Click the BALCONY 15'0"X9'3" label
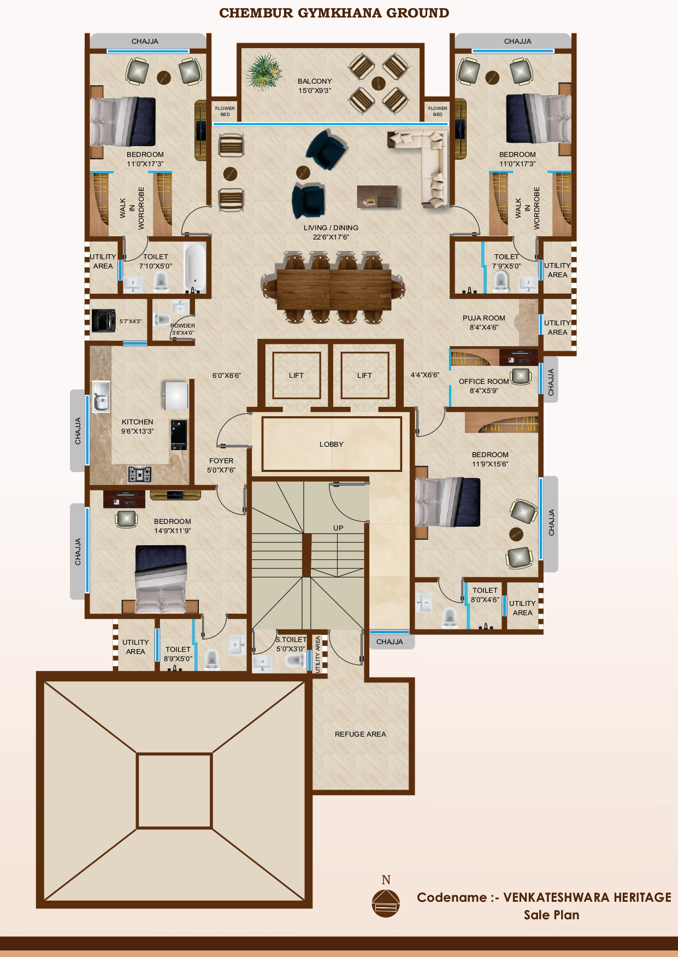pos(315,86)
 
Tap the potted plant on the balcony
pos(264,72)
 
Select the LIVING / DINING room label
pos(331,232)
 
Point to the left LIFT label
pos(296,376)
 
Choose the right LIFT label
pos(364,376)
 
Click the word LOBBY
pos(332,445)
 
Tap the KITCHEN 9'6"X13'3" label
pos(137,427)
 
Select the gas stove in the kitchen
pos(140,474)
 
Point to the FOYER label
pos(221,465)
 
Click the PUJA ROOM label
pos(484,323)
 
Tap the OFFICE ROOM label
pos(484,386)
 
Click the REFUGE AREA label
pos(360,734)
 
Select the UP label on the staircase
pos(338,528)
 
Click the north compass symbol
pos(386,902)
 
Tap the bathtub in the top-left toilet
pos(194,267)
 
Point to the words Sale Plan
pos(551,915)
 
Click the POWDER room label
pos(183,329)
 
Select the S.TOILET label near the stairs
pos(291,644)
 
